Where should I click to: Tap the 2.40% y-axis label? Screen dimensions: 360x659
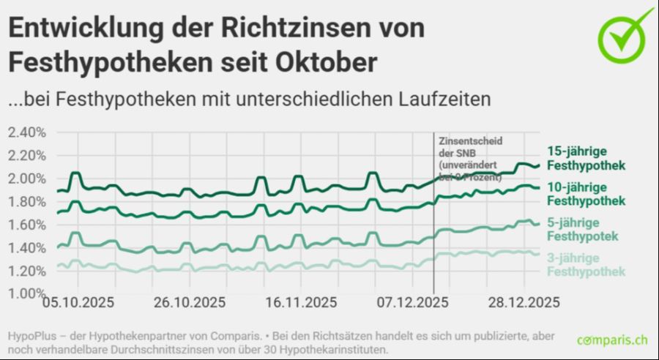tap(27, 132)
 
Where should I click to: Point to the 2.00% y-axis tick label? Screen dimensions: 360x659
tap(27, 179)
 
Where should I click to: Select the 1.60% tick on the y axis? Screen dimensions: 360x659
tap(27, 225)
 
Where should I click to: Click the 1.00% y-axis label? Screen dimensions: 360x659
tap(27, 293)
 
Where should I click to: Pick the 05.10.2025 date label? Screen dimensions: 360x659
tap(72, 303)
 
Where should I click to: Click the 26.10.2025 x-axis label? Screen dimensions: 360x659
tap(189, 303)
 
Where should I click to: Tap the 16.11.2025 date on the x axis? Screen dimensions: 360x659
tap(301, 303)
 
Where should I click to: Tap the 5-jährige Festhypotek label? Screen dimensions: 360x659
tap(583, 229)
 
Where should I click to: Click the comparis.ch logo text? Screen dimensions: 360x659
tap(612, 340)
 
